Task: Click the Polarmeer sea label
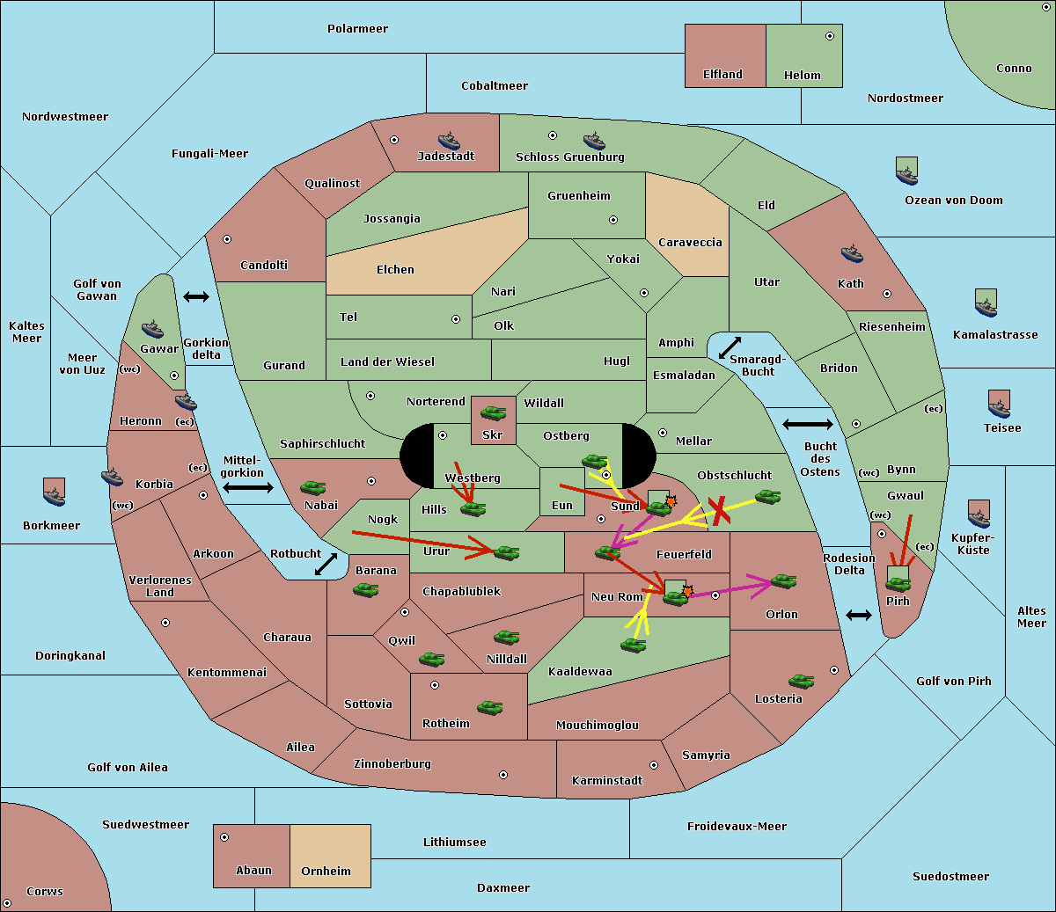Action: coord(357,29)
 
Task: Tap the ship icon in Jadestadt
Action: coord(449,141)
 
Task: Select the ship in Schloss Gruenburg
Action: coord(594,141)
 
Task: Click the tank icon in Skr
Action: coord(493,412)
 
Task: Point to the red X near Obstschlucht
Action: coord(719,510)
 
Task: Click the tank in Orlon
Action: coord(783,581)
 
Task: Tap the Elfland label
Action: coord(722,75)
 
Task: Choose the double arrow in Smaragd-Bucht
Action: coord(730,347)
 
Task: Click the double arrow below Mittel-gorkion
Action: coord(247,487)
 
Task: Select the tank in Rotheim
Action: coord(489,707)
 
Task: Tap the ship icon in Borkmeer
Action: coord(55,493)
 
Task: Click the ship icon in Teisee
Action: coord(999,405)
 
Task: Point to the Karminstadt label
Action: coord(607,781)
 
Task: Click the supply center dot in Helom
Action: coord(829,36)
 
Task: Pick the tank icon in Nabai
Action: coord(312,488)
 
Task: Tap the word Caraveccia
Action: coord(690,243)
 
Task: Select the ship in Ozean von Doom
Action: coord(906,171)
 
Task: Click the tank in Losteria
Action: coord(801,681)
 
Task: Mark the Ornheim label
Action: coord(326,872)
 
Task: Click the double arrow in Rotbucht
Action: coord(326,564)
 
